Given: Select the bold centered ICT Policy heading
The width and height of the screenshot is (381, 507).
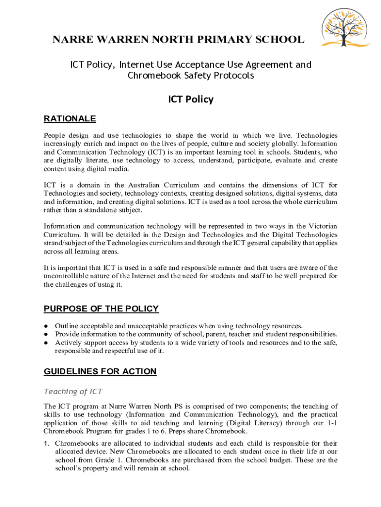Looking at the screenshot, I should [x=190, y=100].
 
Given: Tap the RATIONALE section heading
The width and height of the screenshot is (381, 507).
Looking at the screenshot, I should [x=70, y=119].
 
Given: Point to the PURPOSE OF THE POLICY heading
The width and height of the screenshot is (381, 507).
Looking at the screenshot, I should [x=101, y=309].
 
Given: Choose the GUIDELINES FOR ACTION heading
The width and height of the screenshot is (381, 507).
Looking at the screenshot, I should [x=100, y=372].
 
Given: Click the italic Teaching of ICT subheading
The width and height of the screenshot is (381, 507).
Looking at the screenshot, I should [x=73, y=392].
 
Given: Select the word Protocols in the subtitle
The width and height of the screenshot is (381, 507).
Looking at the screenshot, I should [x=233, y=76].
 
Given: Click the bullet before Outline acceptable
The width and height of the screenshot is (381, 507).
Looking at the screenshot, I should [x=46, y=326].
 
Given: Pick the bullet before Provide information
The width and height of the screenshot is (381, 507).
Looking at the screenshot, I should [x=46, y=334].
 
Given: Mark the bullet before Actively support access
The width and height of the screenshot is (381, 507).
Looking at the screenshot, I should [x=46, y=343].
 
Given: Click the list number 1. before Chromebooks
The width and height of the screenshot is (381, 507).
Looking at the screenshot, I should [x=47, y=443].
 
